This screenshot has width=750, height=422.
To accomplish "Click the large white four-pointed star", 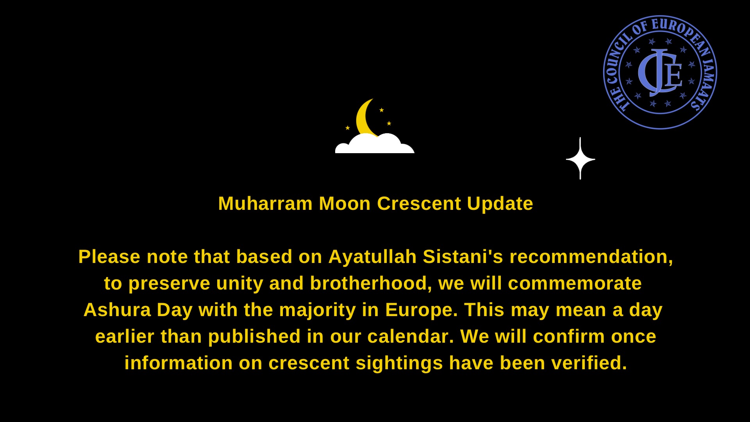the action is pyautogui.click(x=580, y=159).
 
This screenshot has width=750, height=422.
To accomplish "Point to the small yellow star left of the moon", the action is pyautogui.click(x=348, y=128).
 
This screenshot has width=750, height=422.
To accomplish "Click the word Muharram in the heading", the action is pyautogui.click(x=265, y=204).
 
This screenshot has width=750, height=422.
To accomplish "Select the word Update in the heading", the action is pyautogui.click(x=500, y=204).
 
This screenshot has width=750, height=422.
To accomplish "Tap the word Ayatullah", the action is pyautogui.click(x=373, y=257).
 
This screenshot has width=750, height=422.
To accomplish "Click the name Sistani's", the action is pyautogui.click(x=463, y=257).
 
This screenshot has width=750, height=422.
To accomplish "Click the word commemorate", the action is pyautogui.click(x=575, y=283).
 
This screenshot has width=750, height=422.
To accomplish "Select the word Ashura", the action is pyautogui.click(x=117, y=310).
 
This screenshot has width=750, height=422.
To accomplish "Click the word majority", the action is pyautogui.click(x=318, y=310).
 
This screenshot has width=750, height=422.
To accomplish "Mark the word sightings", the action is pyautogui.click(x=399, y=363).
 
